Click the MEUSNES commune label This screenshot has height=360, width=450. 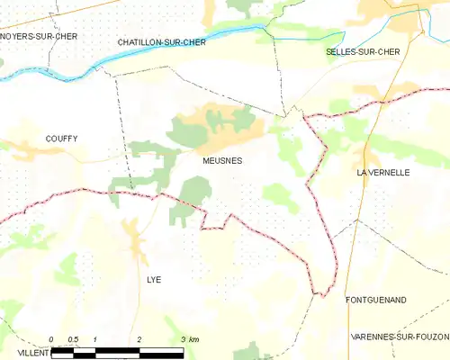pos(221,160)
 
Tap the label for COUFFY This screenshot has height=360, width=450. pos(61,139)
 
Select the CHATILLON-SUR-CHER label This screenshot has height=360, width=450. pos(162,42)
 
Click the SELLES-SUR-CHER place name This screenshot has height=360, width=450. pos(362,52)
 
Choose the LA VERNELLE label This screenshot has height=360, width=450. pos(382,171)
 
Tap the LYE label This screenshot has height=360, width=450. pos(154,280)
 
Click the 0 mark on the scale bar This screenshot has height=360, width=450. pos(51,339)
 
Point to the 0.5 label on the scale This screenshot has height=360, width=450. pos(73,339)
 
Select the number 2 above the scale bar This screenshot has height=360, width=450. pos(139,339)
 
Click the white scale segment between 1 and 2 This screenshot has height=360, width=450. pos(117,351)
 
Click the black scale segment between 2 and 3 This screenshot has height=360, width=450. pos(161,351)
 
